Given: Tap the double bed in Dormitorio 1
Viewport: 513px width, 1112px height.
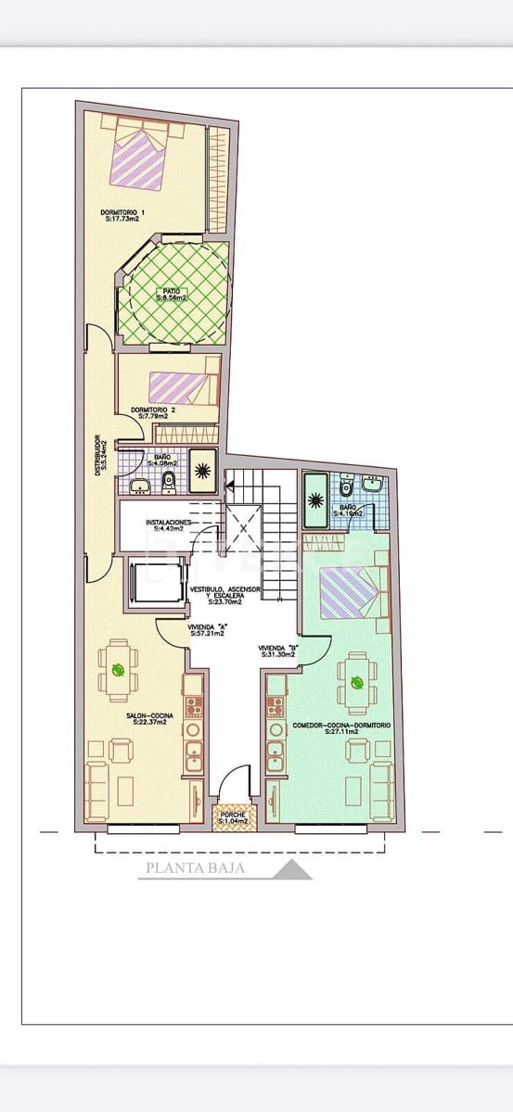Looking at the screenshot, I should [140, 157].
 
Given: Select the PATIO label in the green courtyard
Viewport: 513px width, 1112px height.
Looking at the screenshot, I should [171, 295].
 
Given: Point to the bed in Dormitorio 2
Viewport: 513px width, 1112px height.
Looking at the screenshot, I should [183, 386].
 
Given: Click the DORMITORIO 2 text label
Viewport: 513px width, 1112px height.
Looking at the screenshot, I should [152, 413].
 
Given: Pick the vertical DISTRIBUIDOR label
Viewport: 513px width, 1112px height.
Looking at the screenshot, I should [99, 455].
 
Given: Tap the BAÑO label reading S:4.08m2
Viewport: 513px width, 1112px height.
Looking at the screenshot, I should [161, 460].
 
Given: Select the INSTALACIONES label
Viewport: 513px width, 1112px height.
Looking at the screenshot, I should [168, 525].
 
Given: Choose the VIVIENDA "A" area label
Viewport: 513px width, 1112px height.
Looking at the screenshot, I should [208, 629].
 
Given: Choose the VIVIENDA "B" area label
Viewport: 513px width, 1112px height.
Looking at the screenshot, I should [277, 651].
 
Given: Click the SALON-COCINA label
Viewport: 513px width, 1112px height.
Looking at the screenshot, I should [147, 718].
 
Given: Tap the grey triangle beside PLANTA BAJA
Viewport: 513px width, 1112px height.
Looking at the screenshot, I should [293, 870].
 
